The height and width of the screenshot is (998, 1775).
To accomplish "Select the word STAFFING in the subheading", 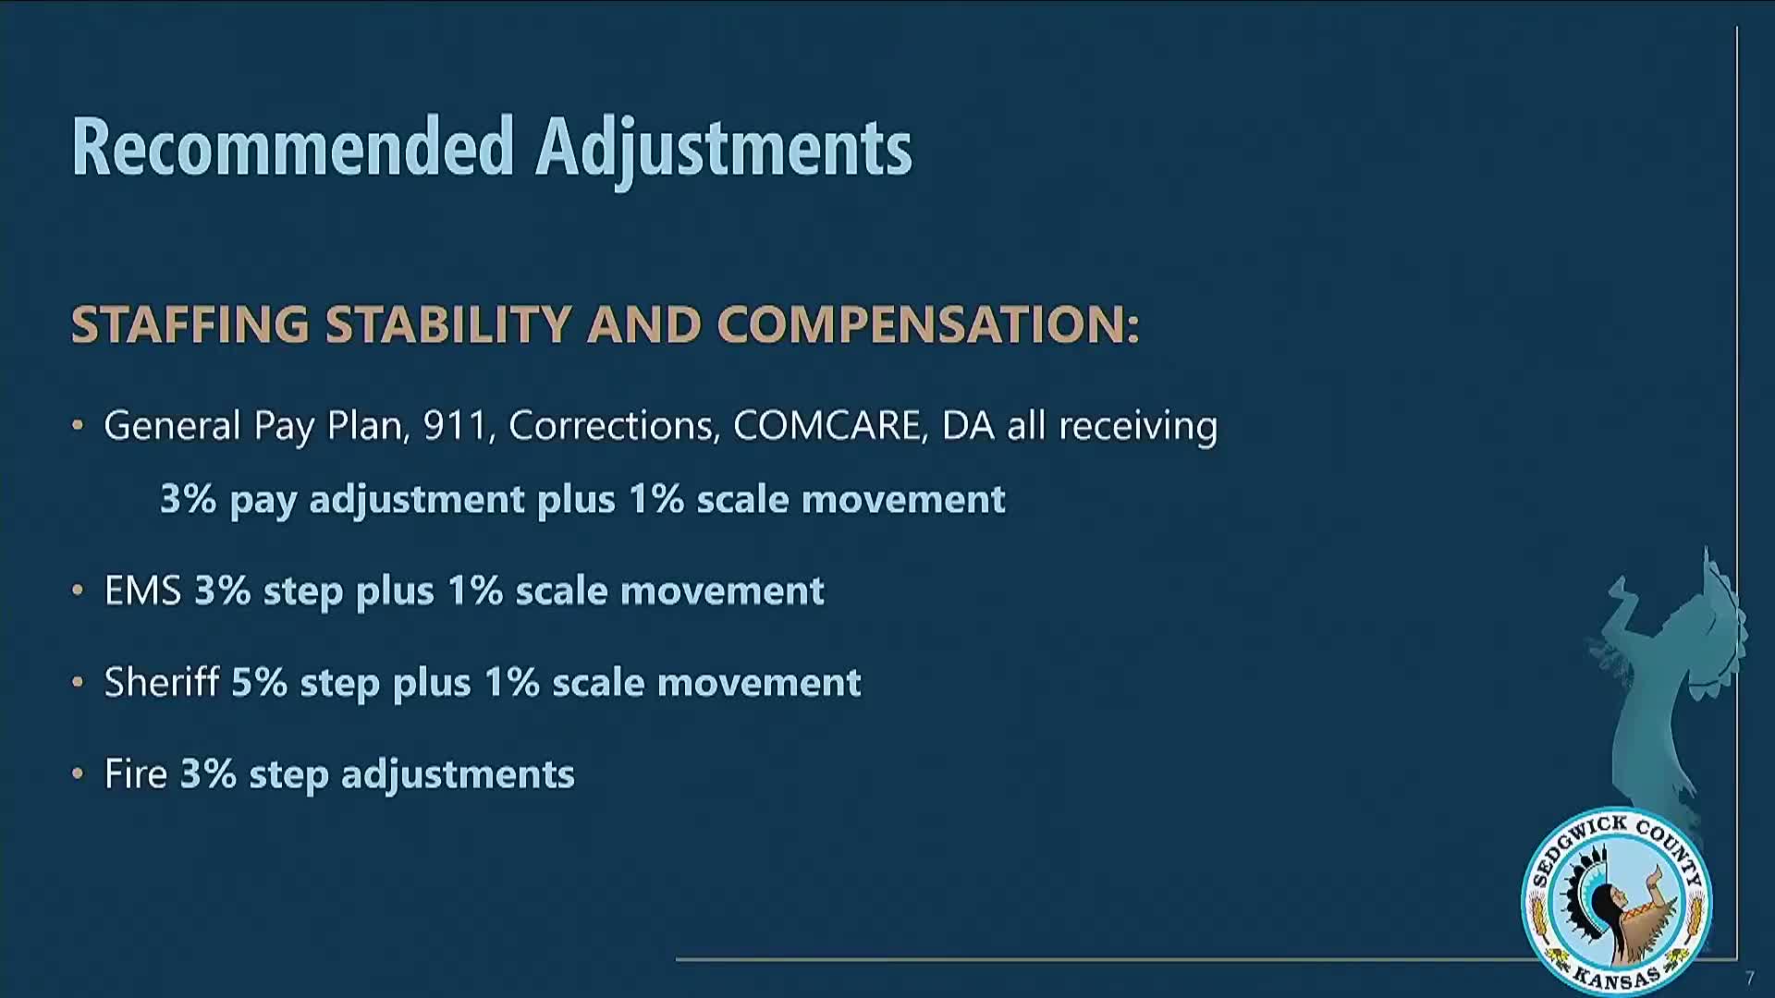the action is click(x=190, y=324).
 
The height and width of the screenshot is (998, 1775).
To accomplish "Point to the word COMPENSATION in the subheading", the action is click(x=927, y=324).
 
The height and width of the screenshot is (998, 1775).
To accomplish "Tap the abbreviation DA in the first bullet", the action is click(x=968, y=425).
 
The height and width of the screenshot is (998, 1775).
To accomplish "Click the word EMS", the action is click(x=142, y=590).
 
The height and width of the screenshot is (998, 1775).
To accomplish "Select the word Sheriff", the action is click(x=162, y=682).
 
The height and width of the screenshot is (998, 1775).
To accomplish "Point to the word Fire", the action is click(x=136, y=773).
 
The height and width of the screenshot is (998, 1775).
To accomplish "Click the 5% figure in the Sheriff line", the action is click(x=259, y=682).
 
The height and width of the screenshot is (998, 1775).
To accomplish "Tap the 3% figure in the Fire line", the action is click(x=208, y=773).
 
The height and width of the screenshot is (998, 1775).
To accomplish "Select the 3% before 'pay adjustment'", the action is click(x=189, y=499).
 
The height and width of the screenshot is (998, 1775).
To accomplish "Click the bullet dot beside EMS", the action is click(x=78, y=590).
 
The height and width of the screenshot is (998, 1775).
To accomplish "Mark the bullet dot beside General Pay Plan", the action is click(x=78, y=426).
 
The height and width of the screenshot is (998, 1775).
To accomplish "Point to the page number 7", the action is click(x=1749, y=979).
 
